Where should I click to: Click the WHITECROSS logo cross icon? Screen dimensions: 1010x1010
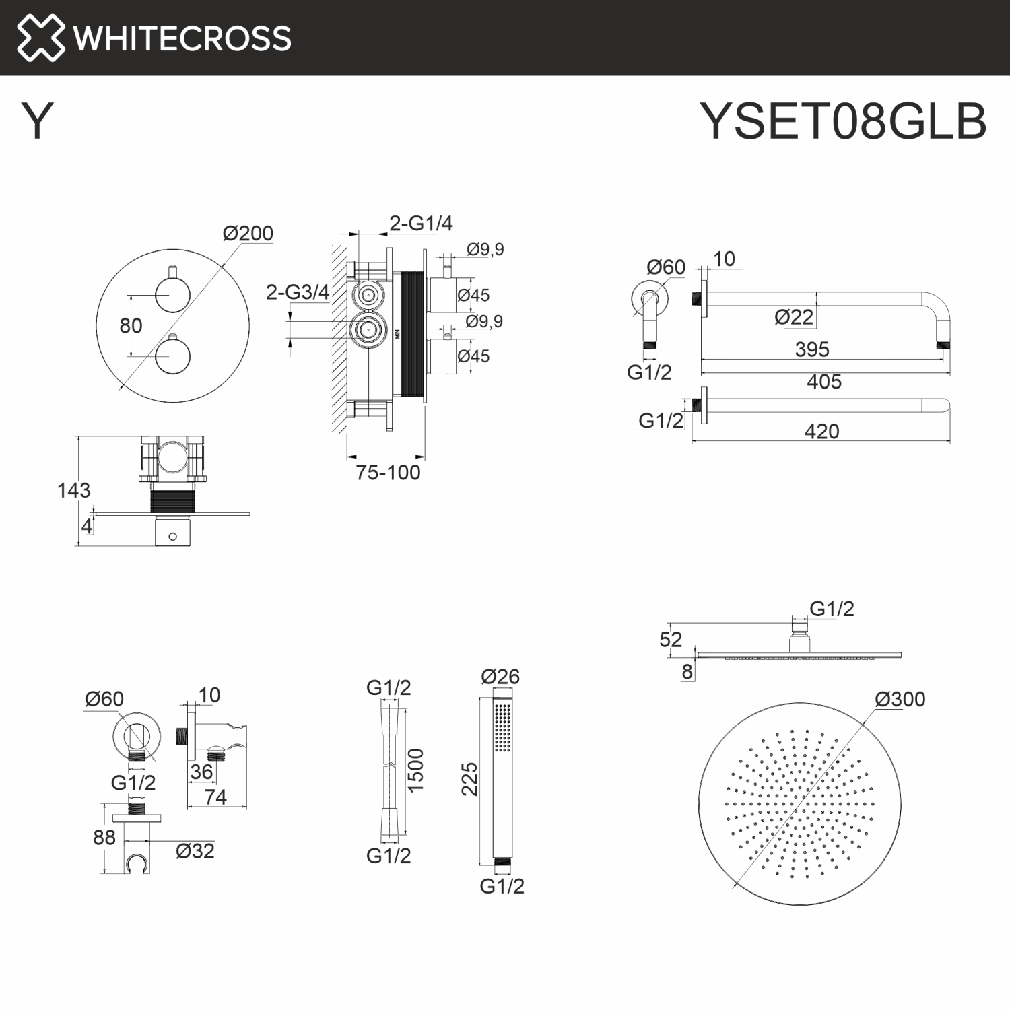(40, 38)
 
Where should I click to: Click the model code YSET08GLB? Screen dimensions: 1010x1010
(843, 121)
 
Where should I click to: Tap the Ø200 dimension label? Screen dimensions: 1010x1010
(248, 234)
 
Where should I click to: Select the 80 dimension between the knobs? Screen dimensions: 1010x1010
(131, 326)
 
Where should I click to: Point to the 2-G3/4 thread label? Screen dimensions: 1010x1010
(297, 292)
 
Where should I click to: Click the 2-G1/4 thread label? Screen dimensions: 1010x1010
(421, 223)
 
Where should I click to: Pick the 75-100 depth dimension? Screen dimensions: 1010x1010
(388, 473)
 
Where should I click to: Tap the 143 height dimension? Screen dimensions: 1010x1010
(73, 490)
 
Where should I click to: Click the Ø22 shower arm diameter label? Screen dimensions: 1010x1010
(794, 316)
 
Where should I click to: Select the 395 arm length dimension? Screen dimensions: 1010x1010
(812, 349)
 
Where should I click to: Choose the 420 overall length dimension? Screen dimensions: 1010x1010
(821, 431)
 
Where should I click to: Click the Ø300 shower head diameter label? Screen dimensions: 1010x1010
(900, 699)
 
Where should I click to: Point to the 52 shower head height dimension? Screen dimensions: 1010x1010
(671, 639)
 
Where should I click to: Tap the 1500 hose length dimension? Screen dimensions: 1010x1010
(415, 770)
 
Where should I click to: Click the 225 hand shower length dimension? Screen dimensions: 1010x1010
(469, 779)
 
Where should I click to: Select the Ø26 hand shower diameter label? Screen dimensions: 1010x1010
(500, 676)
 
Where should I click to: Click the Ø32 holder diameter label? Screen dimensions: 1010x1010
(195, 851)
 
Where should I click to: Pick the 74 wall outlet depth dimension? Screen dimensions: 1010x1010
(215, 797)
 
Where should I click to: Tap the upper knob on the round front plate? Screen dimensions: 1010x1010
(172, 295)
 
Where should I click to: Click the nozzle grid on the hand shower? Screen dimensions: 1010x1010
(502, 727)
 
